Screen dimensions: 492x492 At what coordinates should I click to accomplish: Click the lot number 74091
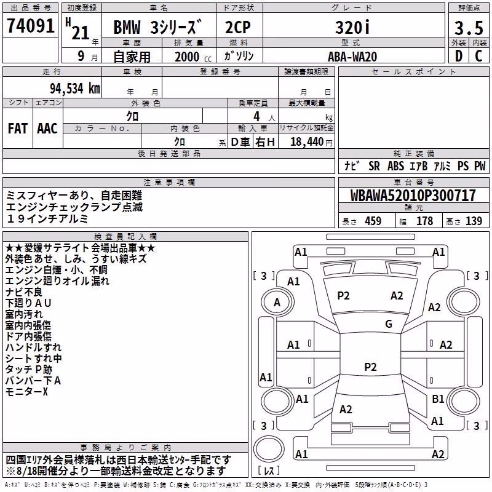30,25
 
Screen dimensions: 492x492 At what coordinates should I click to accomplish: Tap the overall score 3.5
469,28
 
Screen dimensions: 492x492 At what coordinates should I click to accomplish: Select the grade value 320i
352,27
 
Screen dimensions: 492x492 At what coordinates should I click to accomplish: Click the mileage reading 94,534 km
75,89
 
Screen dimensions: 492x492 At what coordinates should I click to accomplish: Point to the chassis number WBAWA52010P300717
413,196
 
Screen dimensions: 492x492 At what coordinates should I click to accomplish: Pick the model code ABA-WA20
352,57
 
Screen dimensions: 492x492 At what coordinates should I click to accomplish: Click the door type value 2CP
238,27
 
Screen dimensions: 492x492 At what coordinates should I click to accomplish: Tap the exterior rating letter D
459,56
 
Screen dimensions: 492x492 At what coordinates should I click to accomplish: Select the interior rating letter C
478,56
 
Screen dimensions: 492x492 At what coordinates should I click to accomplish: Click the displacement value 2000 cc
193,57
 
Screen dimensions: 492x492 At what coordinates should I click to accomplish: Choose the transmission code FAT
18,129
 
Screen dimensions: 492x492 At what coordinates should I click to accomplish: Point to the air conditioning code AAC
47,129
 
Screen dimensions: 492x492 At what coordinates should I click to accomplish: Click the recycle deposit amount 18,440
307,142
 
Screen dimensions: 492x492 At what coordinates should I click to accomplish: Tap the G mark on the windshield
389,324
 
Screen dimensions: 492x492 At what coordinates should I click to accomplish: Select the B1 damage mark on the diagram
438,399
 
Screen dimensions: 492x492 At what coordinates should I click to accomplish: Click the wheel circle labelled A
277,303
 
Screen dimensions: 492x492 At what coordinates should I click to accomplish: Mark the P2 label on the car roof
370,367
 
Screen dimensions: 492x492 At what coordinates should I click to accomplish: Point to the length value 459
373,221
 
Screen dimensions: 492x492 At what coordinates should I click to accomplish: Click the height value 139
474,221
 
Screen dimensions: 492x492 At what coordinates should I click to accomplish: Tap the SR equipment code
374,166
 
